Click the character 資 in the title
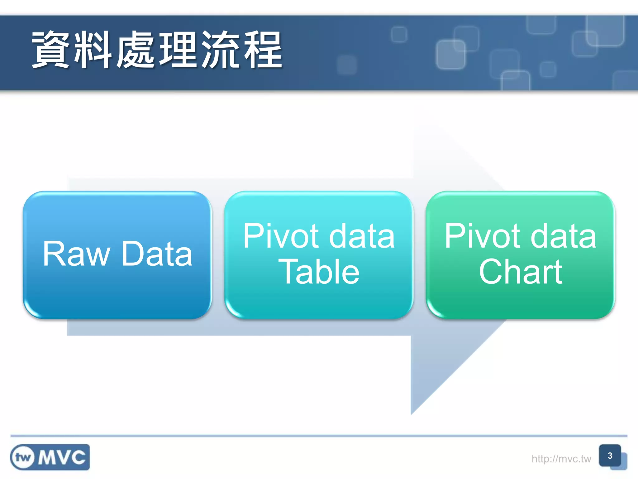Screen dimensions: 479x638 click(50, 50)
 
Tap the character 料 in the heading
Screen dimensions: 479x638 click(93, 50)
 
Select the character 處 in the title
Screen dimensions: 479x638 click(136, 50)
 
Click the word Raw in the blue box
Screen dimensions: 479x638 click(76, 254)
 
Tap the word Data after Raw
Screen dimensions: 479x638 click(157, 254)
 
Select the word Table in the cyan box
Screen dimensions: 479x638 click(319, 272)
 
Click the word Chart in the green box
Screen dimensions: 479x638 click(521, 272)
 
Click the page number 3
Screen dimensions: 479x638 click(610, 456)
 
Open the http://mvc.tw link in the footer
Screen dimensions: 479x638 click(561, 459)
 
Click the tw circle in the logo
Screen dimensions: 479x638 click(22, 457)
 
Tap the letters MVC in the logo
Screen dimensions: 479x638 click(62, 457)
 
